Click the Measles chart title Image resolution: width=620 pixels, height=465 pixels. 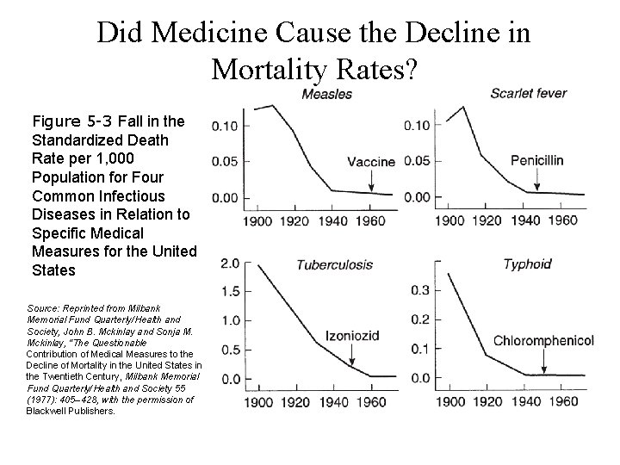tap(321, 94)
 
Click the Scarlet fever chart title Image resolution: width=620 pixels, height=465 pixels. tap(528, 93)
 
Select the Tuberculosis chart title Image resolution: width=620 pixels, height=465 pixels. tap(334, 263)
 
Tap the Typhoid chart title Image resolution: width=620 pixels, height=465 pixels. tap(527, 263)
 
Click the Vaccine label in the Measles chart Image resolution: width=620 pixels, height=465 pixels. tap(371, 161)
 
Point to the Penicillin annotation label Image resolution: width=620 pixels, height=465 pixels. tap(536, 159)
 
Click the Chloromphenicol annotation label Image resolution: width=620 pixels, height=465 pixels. tap(543, 341)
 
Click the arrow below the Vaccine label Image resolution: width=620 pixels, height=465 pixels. tap(371, 180)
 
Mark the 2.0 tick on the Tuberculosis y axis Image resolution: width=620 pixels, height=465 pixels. tap(230, 263)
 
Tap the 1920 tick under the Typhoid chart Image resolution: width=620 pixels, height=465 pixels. tap(487, 402)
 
